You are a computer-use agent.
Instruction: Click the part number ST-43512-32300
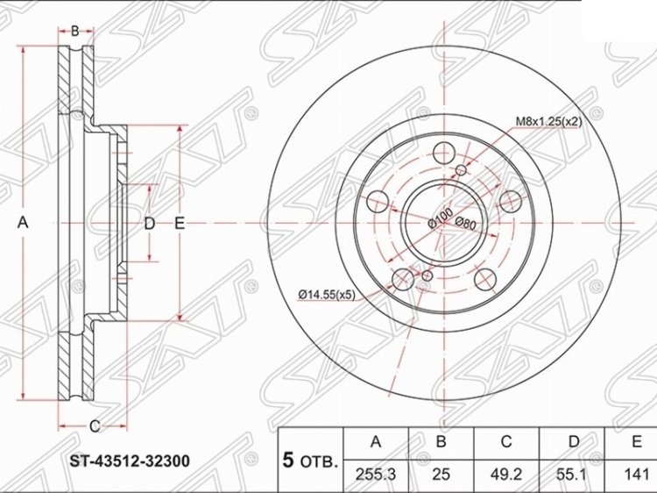[x=130, y=461]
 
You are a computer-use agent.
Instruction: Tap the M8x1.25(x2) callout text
[x=548, y=122]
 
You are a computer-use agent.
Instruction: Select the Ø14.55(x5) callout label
[x=327, y=296]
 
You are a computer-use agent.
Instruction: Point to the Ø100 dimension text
[x=440, y=218]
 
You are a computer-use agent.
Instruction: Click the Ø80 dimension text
[x=465, y=223]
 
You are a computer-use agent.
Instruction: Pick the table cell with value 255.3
[x=376, y=475]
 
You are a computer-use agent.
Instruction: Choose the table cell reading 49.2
[x=506, y=475]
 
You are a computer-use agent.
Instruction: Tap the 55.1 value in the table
[x=572, y=475]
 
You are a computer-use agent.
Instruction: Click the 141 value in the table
[x=636, y=475]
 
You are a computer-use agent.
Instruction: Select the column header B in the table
[x=441, y=442]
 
